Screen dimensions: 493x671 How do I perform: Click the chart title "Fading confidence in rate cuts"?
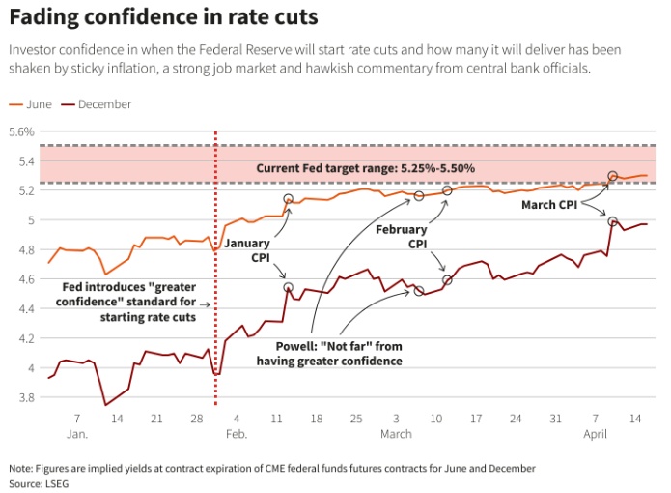[163, 17]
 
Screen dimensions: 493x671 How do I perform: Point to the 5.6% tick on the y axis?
[20, 131]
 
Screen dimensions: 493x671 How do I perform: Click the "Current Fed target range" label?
[365, 168]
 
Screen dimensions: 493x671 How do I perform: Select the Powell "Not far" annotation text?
[328, 354]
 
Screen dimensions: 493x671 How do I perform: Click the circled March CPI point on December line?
[613, 221]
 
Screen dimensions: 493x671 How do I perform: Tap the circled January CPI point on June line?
[288, 199]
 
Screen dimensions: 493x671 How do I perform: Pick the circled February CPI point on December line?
[447, 280]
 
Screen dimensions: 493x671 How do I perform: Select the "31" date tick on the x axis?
[554, 419]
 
